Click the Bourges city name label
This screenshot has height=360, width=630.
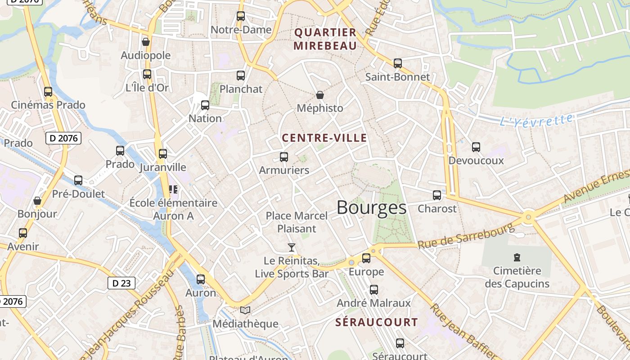(371, 207)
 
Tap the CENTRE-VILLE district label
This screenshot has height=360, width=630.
(324, 138)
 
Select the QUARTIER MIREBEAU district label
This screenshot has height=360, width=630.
(325, 39)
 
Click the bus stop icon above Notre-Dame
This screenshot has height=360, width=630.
(241, 16)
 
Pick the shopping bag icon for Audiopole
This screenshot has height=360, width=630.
(145, 42)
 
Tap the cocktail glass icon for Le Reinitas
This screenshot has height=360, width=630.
(292, 247)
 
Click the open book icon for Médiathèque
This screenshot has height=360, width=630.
(245, 310)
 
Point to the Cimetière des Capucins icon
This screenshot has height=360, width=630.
(517, 257)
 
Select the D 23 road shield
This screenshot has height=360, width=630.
(121, 283)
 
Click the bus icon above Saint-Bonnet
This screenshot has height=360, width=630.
(397, 63)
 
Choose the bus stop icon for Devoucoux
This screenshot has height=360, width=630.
(476, 147)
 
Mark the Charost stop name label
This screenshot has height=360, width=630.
(437, 209)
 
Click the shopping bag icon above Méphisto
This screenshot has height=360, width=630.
(319, 95)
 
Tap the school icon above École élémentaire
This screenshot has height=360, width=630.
(173, 189)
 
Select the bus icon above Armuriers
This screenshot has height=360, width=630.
(284, 157)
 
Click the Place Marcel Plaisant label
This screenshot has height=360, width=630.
(297, 222)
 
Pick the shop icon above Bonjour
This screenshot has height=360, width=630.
(37, 200)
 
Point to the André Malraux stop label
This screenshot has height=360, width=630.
(373, 303)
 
